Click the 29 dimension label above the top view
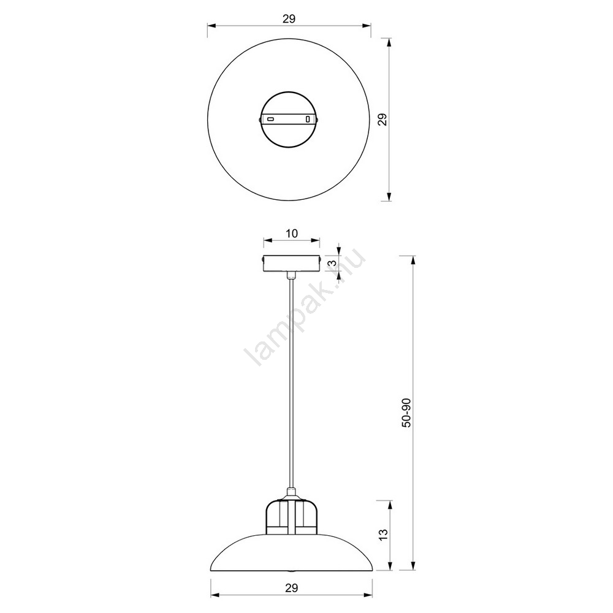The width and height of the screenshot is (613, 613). pyautogui.click(x=289, y=18)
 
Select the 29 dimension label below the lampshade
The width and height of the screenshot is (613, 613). pyautogui.click(x=291, y=587)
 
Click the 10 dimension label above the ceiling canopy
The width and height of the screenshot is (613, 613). pyautogui.click(x=292, y=234)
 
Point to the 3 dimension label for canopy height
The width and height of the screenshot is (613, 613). pyautogui.click(x=333, y=263)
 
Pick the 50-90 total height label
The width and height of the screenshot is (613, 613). pyautogui.click(x=406, y=413)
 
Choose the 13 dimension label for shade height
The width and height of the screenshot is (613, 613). pyautogui.click(x=383, y=535)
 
